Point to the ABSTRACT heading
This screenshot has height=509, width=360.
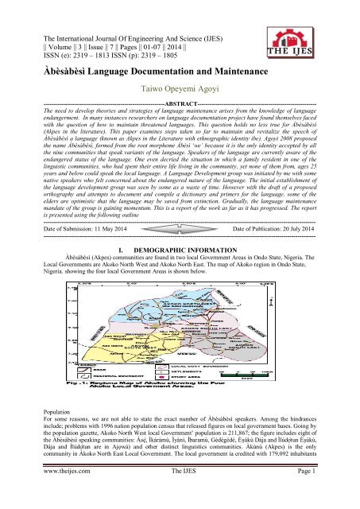[180, 103]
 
